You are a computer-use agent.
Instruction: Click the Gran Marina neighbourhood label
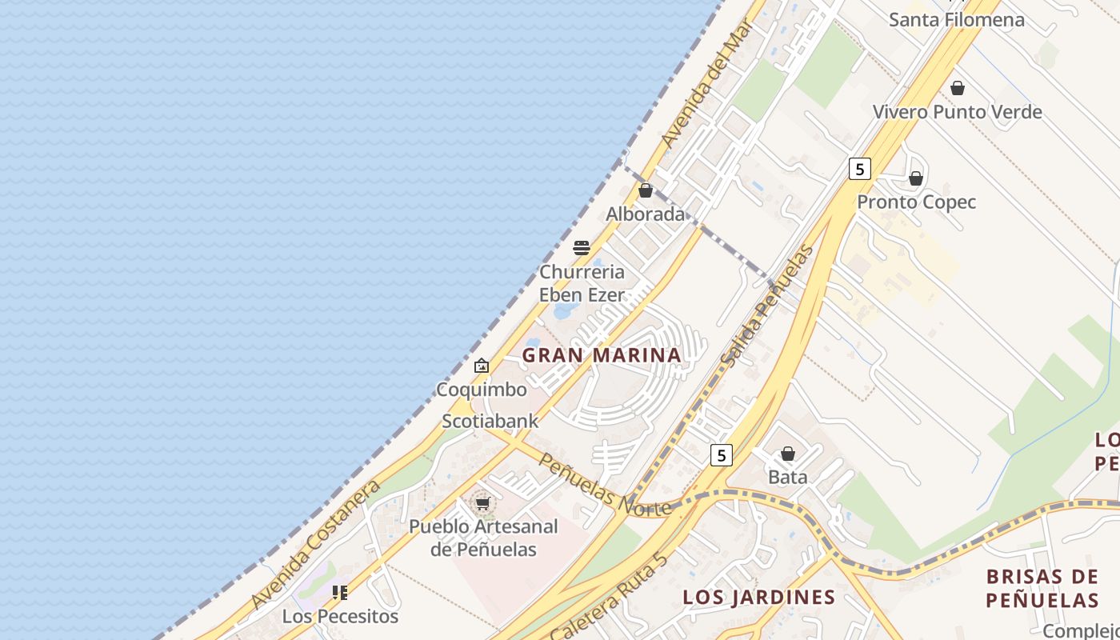tap(602, 354)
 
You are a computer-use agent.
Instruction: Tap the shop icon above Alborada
tap(646, 190)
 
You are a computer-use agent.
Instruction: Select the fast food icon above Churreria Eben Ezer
tap(582, 247)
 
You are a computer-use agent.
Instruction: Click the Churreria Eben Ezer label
tap(582, 283)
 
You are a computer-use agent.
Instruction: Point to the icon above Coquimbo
tap(482, 366)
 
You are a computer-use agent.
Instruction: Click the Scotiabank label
tap(490, 421)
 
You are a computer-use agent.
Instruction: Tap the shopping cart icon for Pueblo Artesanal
tap(482, 503)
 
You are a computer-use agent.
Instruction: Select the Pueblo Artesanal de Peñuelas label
tap(483, 538)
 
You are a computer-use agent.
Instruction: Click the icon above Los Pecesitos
tap(340, 593)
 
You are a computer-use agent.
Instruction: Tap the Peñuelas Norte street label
tap(604, 485)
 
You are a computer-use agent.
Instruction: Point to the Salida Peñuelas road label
tap(766, 307)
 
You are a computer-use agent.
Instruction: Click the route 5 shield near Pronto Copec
tap(859, 169)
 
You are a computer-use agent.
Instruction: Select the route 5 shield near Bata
tap(722, 455)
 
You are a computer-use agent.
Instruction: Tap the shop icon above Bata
tap(788, 454)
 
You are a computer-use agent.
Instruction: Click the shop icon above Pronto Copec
tap(916, 178)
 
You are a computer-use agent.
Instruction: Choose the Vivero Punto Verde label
tap(957, 112)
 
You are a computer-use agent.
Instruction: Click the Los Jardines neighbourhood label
tap(758, 597)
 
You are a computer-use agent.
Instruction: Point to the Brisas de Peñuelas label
tap(1042, 588)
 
